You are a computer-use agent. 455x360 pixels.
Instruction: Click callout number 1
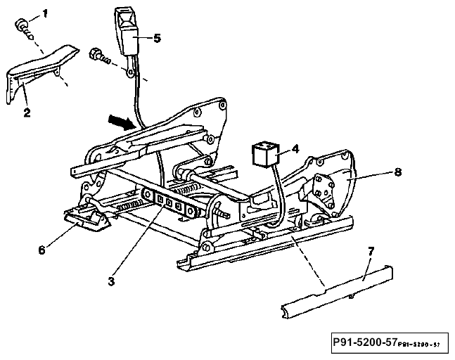tap(45, 14)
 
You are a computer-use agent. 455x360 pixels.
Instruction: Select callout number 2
tap(27, 112)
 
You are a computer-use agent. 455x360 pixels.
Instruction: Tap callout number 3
tap(111, 281)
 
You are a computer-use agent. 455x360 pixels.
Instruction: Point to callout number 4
tap(295, 149)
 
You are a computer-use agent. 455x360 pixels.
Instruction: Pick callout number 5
tap(157, 38)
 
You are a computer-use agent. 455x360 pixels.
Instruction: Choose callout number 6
tap(42, 250)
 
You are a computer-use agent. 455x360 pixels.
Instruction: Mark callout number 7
tap(371, 251)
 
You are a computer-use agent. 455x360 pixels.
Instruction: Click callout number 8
tap(398, 172)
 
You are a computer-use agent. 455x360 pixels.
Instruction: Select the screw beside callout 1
tap(25, 30)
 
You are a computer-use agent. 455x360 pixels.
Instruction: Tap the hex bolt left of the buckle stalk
tap(100, 56)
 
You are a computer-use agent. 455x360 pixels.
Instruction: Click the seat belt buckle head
tap(127, 31)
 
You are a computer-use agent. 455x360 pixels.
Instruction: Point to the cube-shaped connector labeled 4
tap(265, 154)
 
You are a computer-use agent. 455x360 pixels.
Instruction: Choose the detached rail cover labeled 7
tap(337, 292)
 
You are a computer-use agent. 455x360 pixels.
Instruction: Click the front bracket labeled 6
tap(86, 221)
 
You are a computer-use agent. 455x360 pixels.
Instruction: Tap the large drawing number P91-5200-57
tap(365, 342)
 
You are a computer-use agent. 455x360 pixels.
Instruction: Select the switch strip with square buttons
tap(171, 202)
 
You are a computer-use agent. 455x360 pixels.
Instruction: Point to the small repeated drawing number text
tap(419, 345)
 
